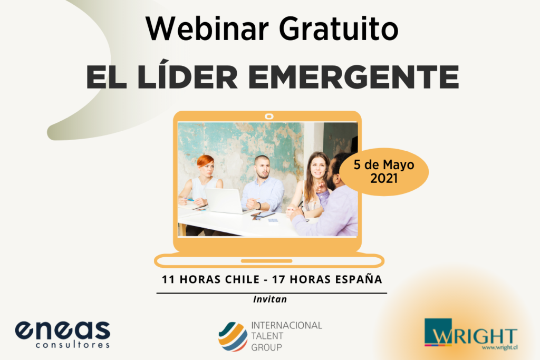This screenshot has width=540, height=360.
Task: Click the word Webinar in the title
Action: [207, 28]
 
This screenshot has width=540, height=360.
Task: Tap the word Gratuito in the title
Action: [339, 28]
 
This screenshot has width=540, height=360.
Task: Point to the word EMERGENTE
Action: [354, 77]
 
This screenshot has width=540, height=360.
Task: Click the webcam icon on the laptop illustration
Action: [269, 116]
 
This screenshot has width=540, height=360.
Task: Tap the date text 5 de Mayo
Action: [384, 165]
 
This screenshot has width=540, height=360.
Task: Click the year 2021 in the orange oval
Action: [384, 178]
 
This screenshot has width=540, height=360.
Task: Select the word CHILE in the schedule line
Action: [242, 279]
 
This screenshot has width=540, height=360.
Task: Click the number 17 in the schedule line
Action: [278, 279]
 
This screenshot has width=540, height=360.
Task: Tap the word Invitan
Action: [270, 299]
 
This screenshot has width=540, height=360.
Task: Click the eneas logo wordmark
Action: [63, 330]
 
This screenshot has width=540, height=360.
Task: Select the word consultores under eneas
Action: [73, 345]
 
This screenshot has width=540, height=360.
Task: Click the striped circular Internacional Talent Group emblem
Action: [233, 336]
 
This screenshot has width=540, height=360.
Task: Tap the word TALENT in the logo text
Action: [267, 336]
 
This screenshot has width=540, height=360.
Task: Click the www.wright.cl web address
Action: [499, 347]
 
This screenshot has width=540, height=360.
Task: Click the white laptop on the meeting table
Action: [224, 201]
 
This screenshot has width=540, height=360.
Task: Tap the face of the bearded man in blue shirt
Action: [263, 168]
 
